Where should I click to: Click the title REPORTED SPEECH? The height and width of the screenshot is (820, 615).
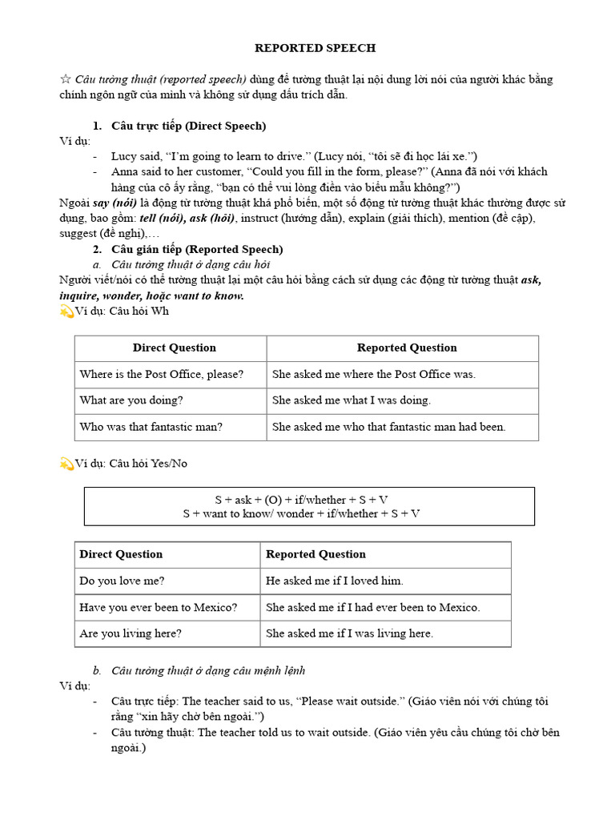(315, 48)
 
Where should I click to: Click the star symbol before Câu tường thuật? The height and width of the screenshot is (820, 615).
(66, 79)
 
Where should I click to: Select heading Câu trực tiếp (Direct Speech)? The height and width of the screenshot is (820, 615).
(188, 126)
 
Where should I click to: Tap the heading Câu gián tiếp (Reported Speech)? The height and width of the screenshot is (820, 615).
(196, 249)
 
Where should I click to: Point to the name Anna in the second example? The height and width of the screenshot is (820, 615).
(127, 171)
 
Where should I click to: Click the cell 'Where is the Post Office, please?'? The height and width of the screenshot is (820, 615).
(162, 374)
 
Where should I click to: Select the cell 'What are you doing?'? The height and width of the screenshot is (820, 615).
(131, 400)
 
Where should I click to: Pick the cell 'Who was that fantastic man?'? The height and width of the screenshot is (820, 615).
(151, 427)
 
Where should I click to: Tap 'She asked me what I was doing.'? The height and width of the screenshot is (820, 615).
(352, 400)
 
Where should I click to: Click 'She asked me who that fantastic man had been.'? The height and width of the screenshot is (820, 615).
(388, 427)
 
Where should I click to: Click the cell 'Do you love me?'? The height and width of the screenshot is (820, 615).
(122, 581)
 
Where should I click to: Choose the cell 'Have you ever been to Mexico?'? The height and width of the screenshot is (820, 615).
(159, 607)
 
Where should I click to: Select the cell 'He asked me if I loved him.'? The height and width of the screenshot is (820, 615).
(335, 581)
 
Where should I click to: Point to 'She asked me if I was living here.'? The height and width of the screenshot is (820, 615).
(349, 633)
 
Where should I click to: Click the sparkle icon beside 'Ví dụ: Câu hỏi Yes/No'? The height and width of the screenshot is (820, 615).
(66, 464)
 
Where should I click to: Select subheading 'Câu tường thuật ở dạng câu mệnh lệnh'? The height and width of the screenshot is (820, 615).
(208, 670)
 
